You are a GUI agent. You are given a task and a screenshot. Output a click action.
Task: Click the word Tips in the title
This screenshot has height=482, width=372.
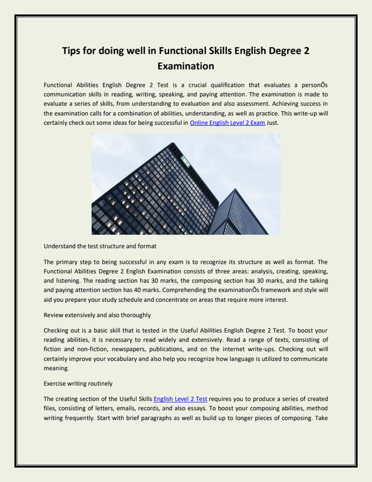click(x=75, y=51)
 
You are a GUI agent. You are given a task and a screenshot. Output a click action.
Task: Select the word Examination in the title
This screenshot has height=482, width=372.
click(x=185, y=65)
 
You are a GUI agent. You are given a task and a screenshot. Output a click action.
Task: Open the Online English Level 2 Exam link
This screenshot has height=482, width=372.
click(x=228, y=122)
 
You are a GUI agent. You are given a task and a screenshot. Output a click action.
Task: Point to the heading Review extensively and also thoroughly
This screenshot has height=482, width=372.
click(x=97, y=315)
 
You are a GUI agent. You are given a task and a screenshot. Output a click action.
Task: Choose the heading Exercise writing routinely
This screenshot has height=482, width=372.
click(x=82, y=383)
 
